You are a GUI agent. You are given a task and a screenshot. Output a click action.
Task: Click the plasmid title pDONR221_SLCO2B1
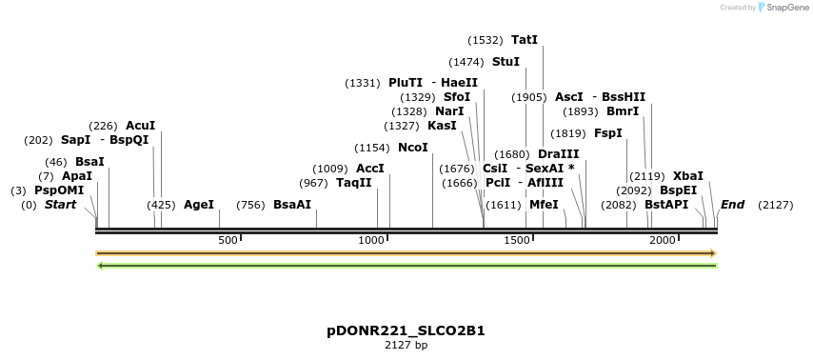(406, 331)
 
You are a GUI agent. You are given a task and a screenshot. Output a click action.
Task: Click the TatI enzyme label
(525, 40)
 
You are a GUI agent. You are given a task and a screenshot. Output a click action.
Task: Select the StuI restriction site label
(506, 61)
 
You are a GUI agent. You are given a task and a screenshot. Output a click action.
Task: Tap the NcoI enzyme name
(413, 148)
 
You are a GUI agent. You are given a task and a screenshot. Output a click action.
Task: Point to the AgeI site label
(199, 205)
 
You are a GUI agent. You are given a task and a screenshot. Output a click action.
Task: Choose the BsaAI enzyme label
(292, 205)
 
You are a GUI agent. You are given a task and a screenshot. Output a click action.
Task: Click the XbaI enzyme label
(688, 176)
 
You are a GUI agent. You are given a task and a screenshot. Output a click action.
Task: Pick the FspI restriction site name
(608, 133)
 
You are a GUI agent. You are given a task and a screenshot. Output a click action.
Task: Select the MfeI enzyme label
(544, 205)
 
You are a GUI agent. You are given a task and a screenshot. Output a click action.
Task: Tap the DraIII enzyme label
(558, 154)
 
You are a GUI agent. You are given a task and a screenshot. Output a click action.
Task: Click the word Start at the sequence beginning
(60, 205)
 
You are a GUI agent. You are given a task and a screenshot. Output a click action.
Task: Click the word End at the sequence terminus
(733, 205)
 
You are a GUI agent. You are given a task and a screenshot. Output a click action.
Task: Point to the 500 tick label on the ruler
(228, 240)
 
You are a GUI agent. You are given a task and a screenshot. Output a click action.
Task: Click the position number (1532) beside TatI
(486, 40)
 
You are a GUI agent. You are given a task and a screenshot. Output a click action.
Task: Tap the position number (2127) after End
(775, 205)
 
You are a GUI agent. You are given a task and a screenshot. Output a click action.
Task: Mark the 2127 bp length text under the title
(406, 346)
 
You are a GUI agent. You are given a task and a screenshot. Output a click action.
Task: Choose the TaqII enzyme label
(354, 183)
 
